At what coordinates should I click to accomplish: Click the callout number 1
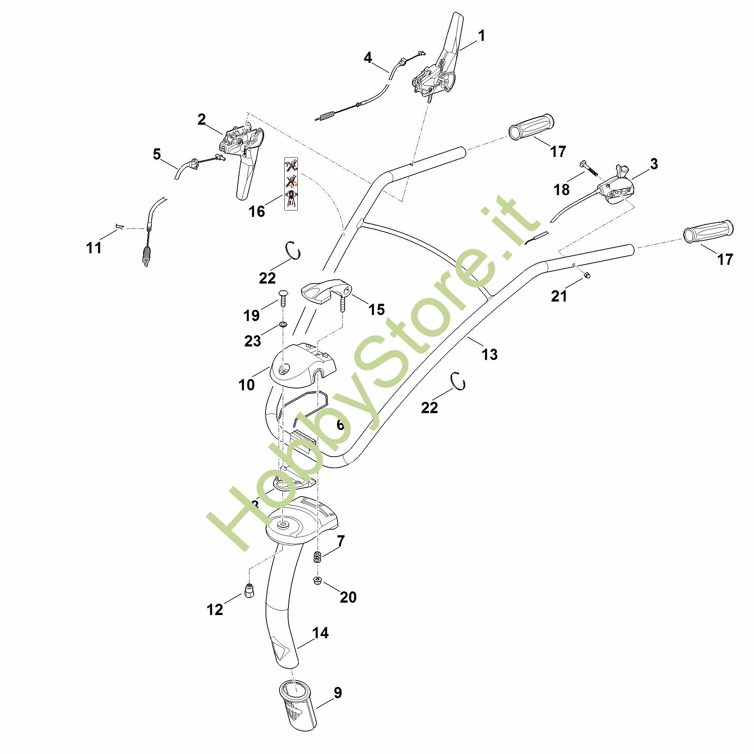[482, 36]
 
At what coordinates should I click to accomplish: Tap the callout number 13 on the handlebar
[490, 354]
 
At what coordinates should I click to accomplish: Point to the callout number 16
[257, 212]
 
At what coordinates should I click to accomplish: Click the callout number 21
[559, 296]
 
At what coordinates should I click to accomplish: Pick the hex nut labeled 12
[249, 592]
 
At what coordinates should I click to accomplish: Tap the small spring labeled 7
[318, 557]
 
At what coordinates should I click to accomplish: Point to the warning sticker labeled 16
[291, 184]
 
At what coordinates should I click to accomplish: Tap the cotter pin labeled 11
[119, 226]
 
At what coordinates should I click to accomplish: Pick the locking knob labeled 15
[326, 293]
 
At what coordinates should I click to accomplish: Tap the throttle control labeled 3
[617, 187]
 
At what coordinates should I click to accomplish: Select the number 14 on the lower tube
[320, 633]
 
